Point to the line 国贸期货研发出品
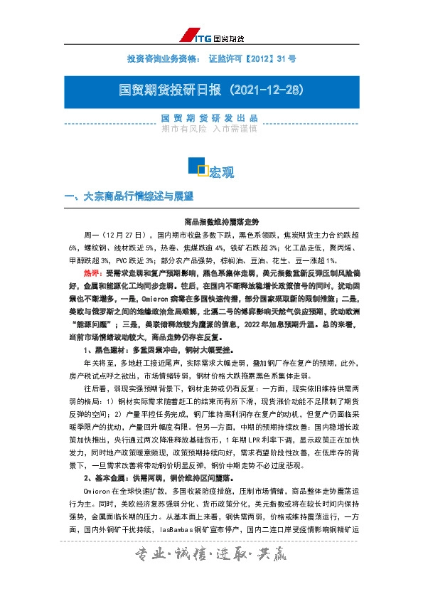pos(211,117)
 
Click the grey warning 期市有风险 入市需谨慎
pos(211,129)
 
